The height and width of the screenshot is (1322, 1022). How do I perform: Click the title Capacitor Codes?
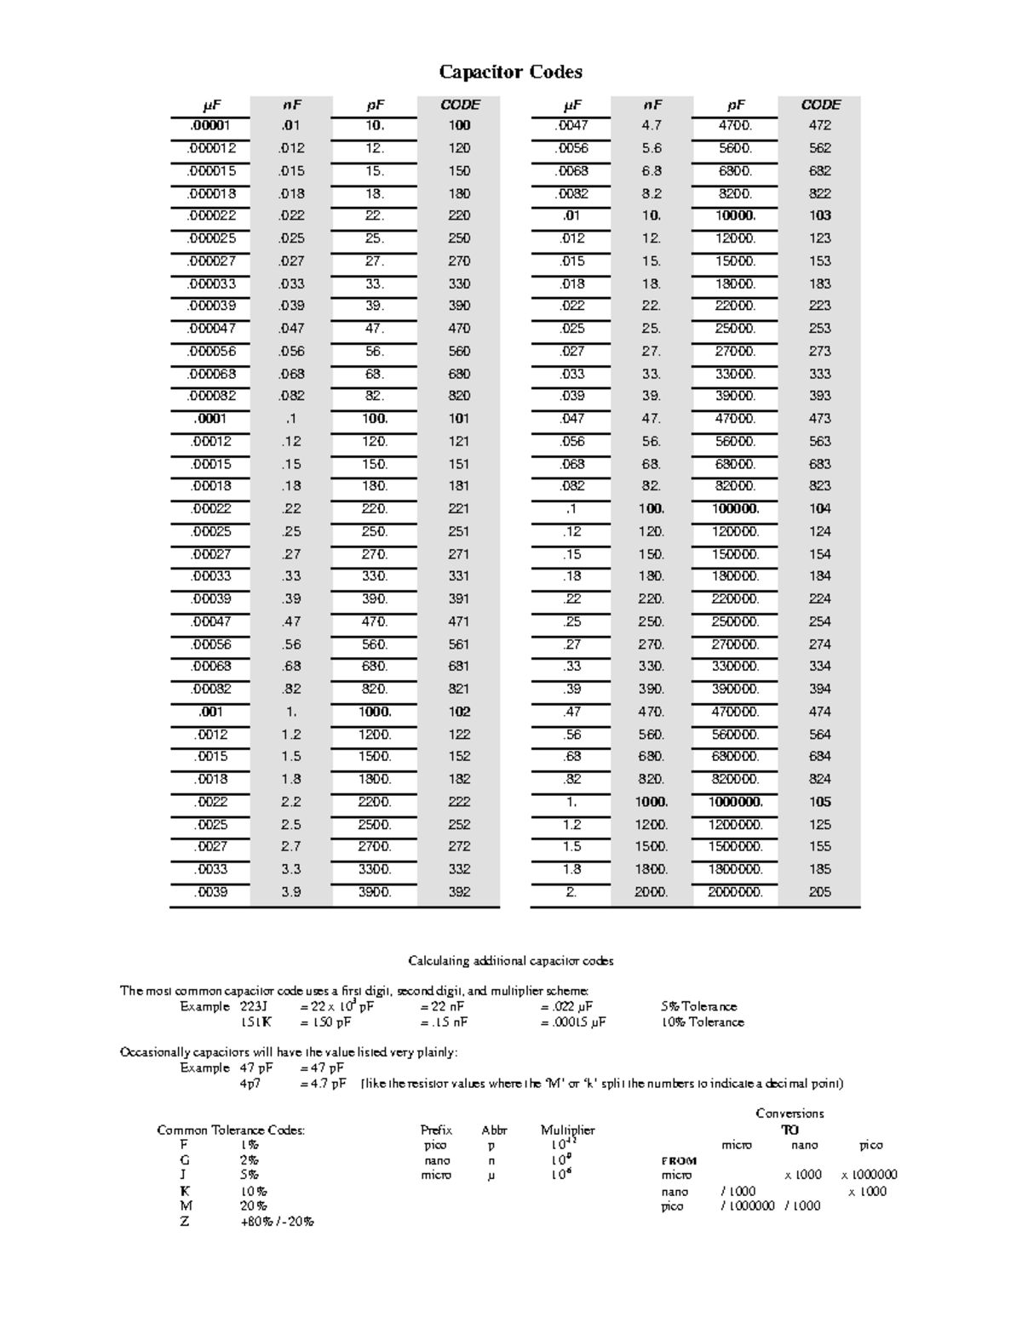coord(510,72)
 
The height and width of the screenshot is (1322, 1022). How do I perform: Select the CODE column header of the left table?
coord(460,105)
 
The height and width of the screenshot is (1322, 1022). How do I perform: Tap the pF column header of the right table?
coord(736,105)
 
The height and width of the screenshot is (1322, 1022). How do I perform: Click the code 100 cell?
coord(459,125)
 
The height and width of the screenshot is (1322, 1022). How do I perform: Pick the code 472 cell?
coord(820,125)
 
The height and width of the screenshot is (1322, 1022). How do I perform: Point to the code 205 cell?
coord(820,892)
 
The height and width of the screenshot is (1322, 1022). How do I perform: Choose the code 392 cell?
coord(459,892)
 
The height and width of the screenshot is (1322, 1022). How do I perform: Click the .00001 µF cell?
coord(210,125)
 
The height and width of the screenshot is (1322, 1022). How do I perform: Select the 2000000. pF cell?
coord(735,892)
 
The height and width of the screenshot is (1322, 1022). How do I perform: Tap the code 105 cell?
coord(820,802)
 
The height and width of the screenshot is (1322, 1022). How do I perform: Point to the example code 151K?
coord(255,1022)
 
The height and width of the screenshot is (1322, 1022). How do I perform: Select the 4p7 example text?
coord(250,1084)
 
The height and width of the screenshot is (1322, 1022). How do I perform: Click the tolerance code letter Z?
coord(185,1222)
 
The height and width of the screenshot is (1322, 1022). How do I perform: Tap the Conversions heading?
coord(789,1113)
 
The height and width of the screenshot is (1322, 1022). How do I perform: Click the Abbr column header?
coord(494,1130)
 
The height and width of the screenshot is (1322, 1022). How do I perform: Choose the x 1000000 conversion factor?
coord(869,1175)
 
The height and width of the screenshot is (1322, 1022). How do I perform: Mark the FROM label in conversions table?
coord(679,1160)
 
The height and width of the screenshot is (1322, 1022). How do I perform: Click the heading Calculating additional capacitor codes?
coord(510,961)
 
